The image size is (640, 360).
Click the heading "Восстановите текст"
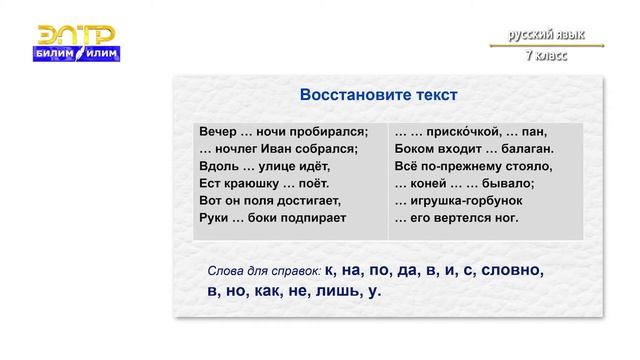tap(378, 95)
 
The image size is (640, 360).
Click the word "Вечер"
tap(220, 132)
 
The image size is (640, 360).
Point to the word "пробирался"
tap(331, 132)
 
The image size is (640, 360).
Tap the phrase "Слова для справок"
tap(263, 271)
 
